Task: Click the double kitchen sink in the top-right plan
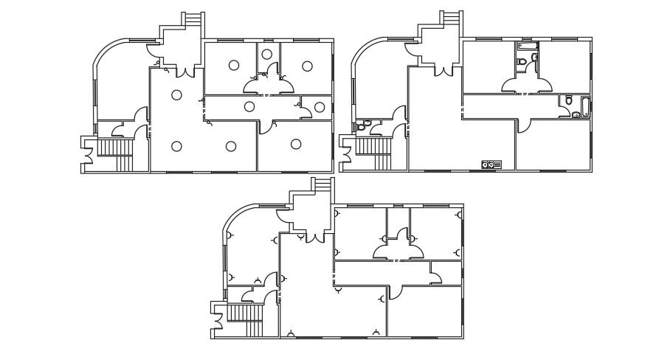tap(491, 165)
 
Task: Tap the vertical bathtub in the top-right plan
tap(585, 108)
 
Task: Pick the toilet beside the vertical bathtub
tap(569, 102)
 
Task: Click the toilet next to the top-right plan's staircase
tap(361, 126)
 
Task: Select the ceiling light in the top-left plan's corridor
tap(249, 107)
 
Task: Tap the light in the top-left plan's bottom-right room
tap(296, 143)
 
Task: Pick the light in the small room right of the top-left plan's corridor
tap(319, 107)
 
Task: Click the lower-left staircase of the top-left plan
tap(114, 151)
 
